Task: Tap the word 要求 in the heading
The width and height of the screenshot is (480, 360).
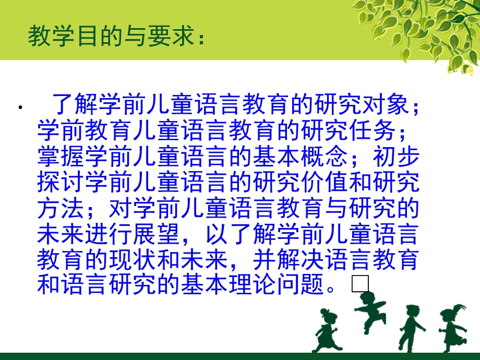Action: point(168,37)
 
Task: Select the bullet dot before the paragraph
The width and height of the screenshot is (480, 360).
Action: point(20,109)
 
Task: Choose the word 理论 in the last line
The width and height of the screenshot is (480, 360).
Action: point(248,284)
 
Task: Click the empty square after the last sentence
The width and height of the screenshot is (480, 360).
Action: point(360,284)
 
